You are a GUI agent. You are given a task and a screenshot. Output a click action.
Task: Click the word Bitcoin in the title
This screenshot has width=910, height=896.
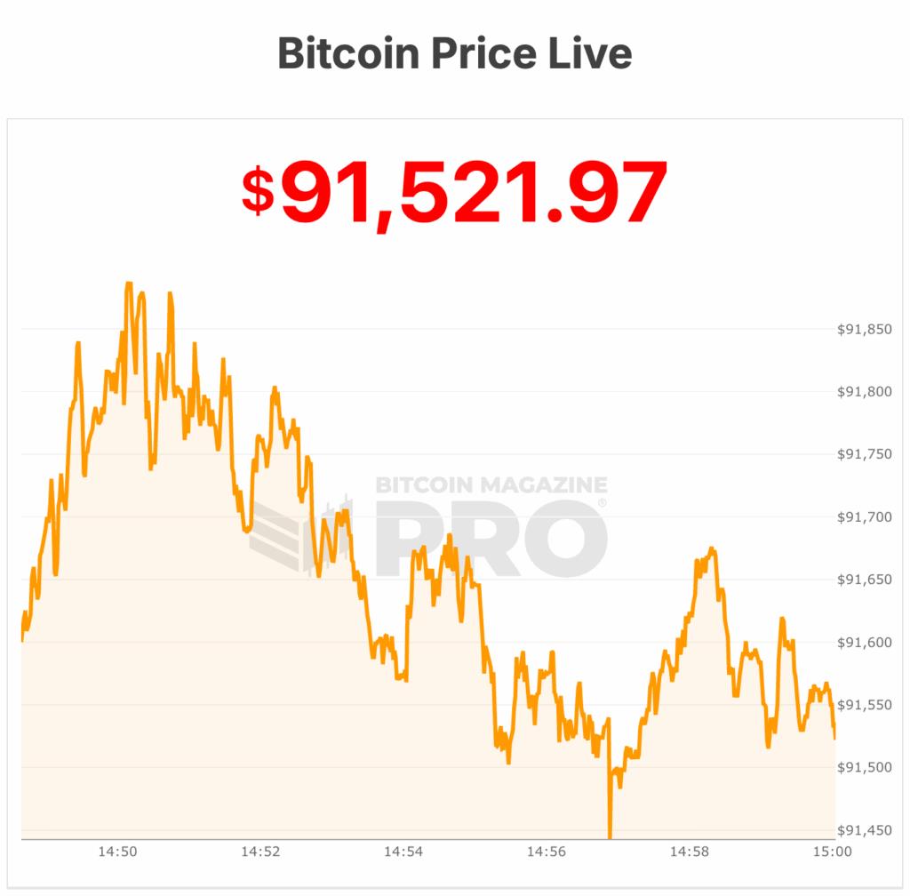pos(347,53)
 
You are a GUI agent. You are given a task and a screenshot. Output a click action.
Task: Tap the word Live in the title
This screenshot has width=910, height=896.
pos(590,53)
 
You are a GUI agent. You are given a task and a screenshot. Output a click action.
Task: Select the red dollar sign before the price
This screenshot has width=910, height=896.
pos(258,191)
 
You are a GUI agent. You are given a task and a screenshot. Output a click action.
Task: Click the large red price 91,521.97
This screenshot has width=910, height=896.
pos(474,191)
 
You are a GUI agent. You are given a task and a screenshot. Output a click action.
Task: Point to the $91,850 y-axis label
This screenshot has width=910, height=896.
pos(865,330)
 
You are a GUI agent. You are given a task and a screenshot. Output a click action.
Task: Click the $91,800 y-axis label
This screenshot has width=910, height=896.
pos(865,392)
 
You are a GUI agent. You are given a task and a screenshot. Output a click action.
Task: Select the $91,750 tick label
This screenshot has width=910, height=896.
pos(865,455)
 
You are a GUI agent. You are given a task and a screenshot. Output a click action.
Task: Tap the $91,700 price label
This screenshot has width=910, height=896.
pos(865,517)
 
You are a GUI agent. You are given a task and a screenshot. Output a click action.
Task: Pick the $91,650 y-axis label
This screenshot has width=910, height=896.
pos(865,580)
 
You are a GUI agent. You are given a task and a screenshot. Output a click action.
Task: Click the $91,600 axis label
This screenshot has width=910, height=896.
pos(865,643)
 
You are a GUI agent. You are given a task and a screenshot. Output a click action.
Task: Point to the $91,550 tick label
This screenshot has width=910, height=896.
pos(865,705)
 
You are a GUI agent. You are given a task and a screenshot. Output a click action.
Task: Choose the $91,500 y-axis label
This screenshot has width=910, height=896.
pos(865,767)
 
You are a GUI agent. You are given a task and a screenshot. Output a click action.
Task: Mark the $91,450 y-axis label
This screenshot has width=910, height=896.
pos(865,830)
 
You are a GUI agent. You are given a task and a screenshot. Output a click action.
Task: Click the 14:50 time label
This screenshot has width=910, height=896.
pos(117,852)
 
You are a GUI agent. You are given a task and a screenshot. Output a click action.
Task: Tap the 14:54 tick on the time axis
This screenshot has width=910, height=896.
pos(403,852)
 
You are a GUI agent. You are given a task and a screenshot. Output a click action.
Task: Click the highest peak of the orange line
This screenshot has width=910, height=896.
pos(129,284)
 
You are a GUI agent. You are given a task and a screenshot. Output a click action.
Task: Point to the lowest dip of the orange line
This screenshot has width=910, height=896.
pos(610,836)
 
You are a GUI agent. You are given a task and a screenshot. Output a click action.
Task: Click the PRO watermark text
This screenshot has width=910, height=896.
pos(491,538)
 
